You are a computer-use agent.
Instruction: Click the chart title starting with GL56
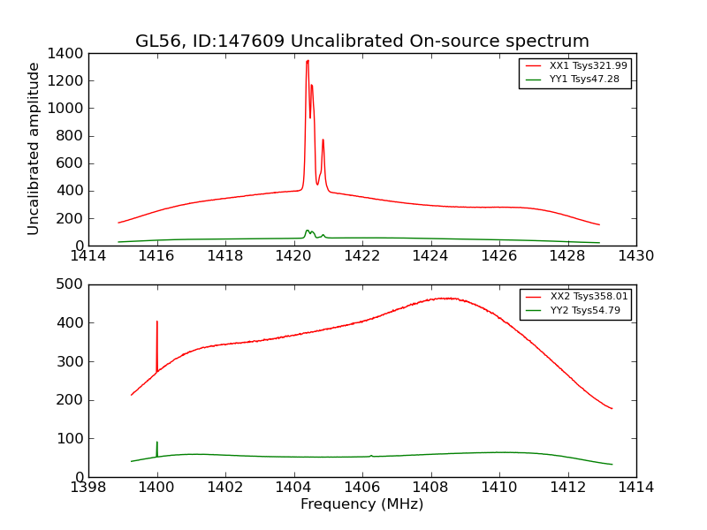(x=361, y=42)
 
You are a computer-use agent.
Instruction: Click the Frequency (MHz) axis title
(x=361, y=504)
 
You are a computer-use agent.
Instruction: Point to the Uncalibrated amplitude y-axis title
(x=34, y=148)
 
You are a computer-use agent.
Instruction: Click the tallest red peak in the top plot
(x=308, y=61)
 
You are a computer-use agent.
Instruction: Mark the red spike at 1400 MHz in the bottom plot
(x=157, y=322)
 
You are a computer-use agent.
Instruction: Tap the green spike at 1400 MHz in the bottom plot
(x=157, y=443)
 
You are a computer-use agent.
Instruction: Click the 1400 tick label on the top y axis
(x=66, y=54)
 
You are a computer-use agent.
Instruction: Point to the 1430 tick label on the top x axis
(x=635, y=256)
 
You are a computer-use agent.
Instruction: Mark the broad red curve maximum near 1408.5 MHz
(x=448, y=299)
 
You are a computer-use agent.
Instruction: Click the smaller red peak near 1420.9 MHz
(x=323, y=140)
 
